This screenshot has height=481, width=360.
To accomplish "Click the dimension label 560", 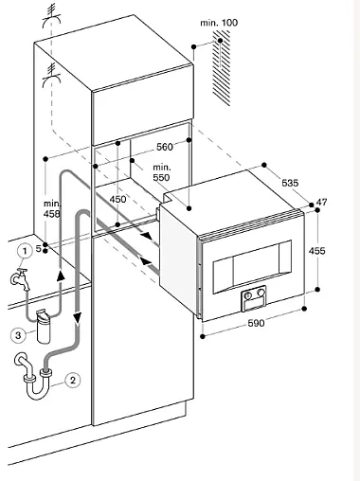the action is point(165,147).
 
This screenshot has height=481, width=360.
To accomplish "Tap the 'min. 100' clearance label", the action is point(219,23).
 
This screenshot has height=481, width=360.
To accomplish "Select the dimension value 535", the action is point(290,183).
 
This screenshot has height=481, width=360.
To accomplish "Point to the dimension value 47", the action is point(322,202).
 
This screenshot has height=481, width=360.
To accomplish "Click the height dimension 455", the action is point(316,251).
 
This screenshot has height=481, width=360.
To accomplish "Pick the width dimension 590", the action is point(256,323).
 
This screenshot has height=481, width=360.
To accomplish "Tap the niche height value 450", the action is point(117,199).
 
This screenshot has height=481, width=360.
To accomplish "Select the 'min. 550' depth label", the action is point(161,172).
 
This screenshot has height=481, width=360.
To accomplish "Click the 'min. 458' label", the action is point(52,209).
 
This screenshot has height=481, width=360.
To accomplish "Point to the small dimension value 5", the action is point(38,249).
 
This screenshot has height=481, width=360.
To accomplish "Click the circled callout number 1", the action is point(25,252).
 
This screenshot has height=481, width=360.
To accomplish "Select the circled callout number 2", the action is point(73,380).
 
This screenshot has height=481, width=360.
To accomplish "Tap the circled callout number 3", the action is point(18,335).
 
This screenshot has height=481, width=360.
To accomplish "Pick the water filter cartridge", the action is point(44,327).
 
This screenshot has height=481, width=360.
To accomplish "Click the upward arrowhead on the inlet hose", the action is point(61,276).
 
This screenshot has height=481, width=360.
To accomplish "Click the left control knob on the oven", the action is point(248,295).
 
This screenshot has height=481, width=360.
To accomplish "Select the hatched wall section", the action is point(222,68).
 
